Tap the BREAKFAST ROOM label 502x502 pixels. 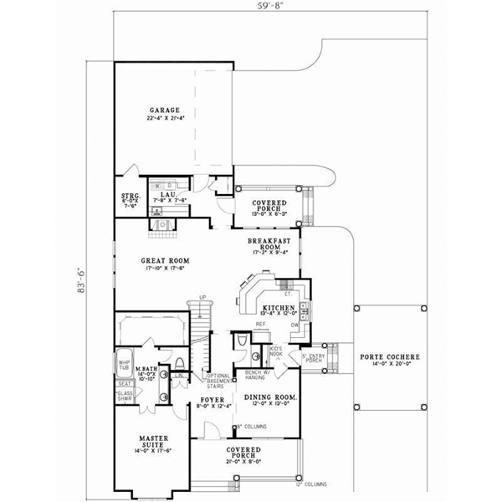click(268, 243)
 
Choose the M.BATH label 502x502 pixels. click(147, 368)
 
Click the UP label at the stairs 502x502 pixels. click(202, 298)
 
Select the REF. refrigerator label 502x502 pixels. click(260, 324)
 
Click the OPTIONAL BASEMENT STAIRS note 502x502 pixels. click(217, 381)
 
